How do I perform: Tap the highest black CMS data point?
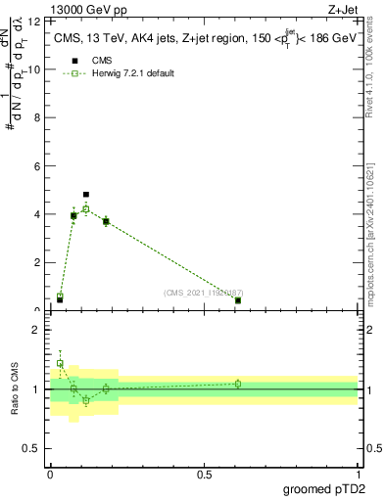point(86,195)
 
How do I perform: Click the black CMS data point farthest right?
point(238,300)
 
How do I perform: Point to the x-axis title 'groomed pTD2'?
point(325,489)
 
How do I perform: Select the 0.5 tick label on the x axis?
point(204,474)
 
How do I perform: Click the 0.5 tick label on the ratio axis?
point(30,448)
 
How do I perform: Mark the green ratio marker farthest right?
point(238,384)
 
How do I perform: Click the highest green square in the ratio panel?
point(60,363)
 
